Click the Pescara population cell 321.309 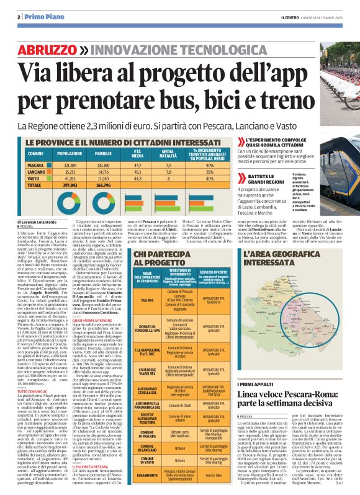point(70,166)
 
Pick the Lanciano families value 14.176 point(104,172)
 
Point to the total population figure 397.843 point(69,185)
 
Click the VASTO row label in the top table point(35,178)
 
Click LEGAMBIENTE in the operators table point(147,475)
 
